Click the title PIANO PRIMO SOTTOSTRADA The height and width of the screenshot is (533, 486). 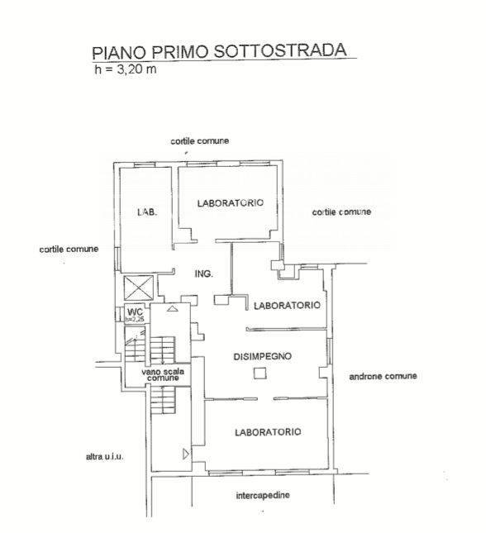(219, 51)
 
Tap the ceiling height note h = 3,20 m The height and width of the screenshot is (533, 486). (126, 69)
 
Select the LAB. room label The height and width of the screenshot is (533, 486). (147, 212)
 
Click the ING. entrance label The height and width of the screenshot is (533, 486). (203, 274)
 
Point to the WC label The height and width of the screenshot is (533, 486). (135, 312)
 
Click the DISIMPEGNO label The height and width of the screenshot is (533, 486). (263, 356)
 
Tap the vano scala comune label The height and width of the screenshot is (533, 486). (163, 374)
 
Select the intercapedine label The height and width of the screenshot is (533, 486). (263, 495)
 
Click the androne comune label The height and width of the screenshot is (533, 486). (383, 376)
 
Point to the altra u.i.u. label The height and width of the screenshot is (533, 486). (105, 456)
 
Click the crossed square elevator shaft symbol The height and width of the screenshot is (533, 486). (138, 288)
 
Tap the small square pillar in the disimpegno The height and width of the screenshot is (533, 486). (260, 374)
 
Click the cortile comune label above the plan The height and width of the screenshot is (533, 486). (200, 140)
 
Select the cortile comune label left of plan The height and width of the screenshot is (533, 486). (69, 250)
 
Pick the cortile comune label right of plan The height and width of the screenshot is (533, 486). (341, 212)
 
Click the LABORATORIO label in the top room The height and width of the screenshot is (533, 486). (231, 202)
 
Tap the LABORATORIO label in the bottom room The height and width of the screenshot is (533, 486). (268, 432)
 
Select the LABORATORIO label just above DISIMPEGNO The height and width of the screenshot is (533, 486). (287, 305)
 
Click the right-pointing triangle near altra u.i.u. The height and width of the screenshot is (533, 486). (186, 454)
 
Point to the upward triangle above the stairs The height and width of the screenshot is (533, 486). (173, 308)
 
